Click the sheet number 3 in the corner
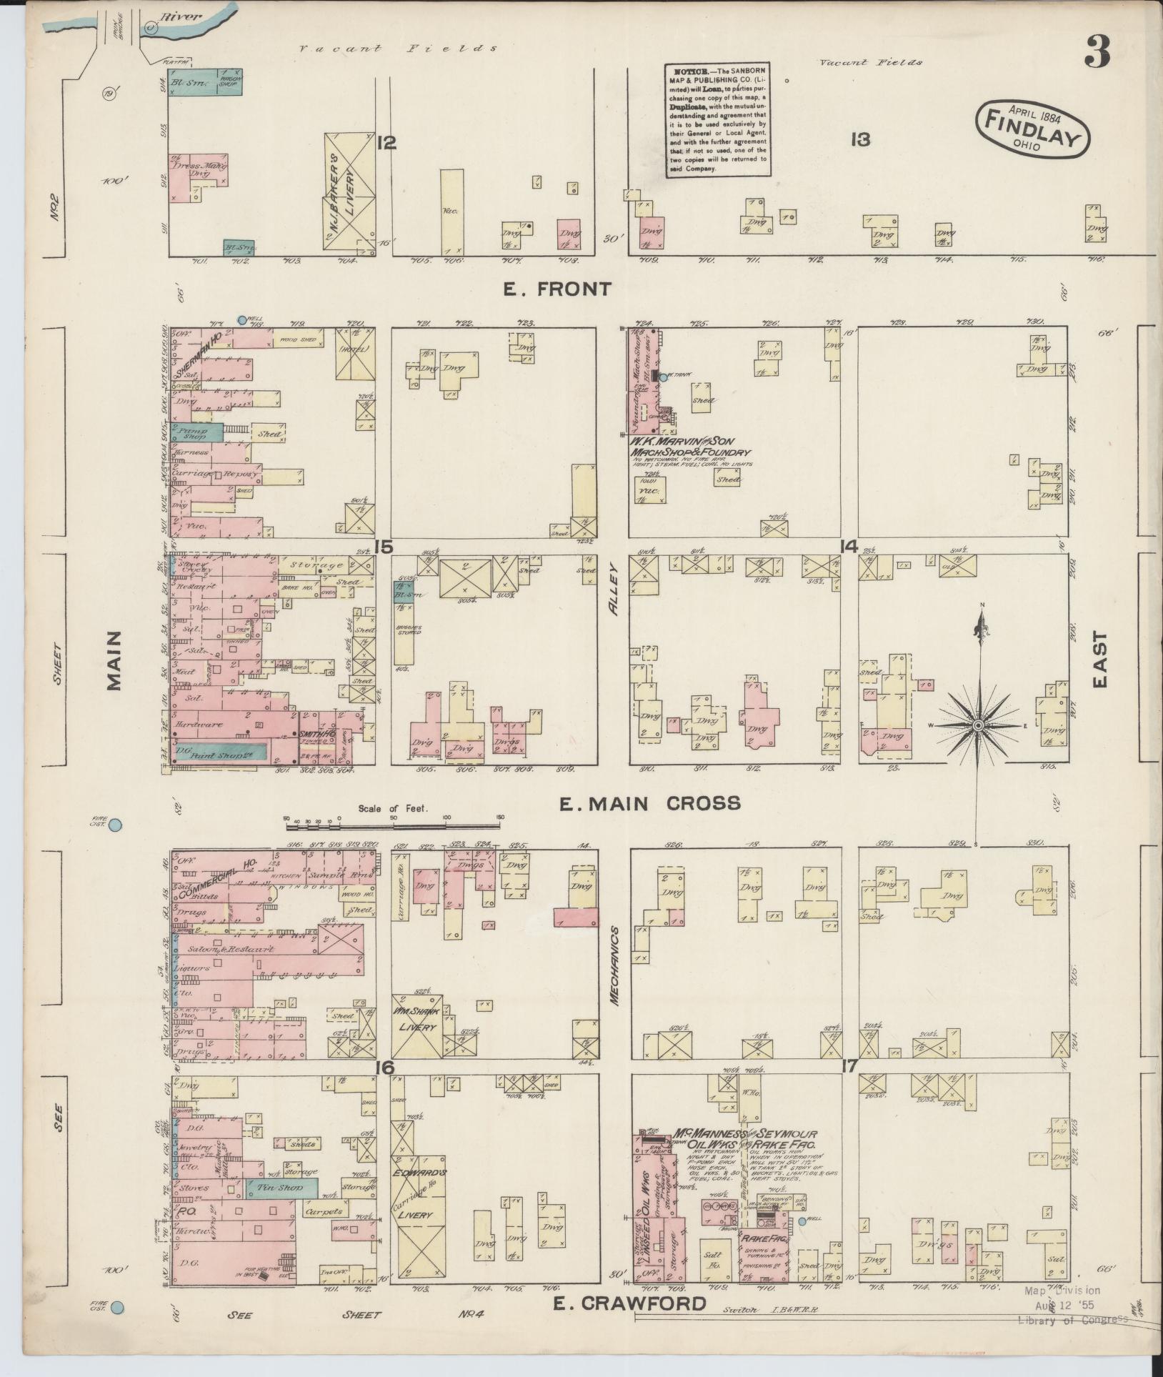1097,51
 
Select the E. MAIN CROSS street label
649,804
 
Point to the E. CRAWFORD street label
629,1303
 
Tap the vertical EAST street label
1099,659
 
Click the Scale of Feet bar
394,825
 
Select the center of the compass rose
977,726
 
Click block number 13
860,140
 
